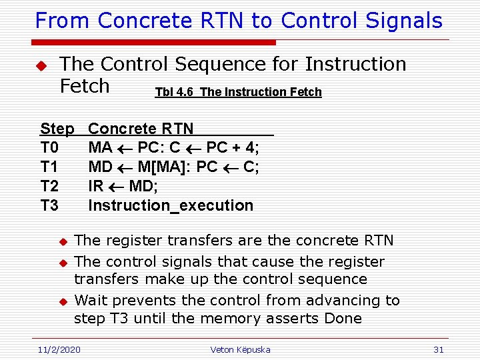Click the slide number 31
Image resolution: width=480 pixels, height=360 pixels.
click(x=438, y=349)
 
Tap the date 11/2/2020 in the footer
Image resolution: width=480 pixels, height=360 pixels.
click(x=59, y=349)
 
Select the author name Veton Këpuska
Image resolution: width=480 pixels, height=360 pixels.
click(x=240, y=349)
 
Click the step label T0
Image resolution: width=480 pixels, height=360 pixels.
click(x=49, y=147)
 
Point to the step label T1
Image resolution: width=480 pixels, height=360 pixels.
click(x=49, y=167)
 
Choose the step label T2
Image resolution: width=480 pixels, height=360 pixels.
click(x=49, y=186)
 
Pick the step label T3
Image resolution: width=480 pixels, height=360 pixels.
click(x=49, y=205)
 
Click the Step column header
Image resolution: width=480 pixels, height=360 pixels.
click(x=57, y=129)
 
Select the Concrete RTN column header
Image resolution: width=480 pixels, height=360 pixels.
click(x=141, y=129)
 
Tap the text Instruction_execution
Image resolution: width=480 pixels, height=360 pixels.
click(x=171, y=205)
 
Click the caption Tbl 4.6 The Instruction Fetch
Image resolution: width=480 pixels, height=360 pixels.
click(x=238, y=92)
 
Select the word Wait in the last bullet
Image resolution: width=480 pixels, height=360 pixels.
click(x=91, y=301)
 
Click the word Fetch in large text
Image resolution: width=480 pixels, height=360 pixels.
click(x=85, y=86)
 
